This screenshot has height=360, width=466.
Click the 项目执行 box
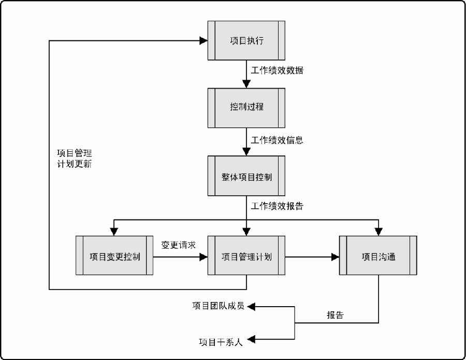(246, 40)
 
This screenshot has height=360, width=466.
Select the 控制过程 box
(246, 108)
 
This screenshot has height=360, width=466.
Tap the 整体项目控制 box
(246, 176)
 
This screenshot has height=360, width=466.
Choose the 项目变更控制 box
(114, 255)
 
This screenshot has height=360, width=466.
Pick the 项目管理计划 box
(246, 255)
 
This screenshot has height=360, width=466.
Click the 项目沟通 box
(378, 255)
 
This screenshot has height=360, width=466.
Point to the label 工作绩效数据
(277, 70)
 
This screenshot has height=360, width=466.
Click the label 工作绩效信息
(277, 140)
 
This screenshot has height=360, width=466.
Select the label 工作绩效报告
(277, 206)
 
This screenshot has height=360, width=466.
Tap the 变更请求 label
(178, 245)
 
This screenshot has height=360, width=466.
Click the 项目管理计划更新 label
(74, 159)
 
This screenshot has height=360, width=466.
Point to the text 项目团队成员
(219, 306)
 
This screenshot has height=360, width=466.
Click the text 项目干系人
(221, 342)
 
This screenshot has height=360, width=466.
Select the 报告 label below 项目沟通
(335, 315)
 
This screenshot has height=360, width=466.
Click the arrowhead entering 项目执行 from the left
(203, 40)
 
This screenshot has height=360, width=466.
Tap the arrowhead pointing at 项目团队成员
(251, 307)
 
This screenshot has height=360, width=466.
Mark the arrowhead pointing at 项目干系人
(251, 339)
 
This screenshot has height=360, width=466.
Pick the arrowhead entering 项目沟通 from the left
(335, 257)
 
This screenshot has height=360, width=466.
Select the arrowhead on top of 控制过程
(246, 84)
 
